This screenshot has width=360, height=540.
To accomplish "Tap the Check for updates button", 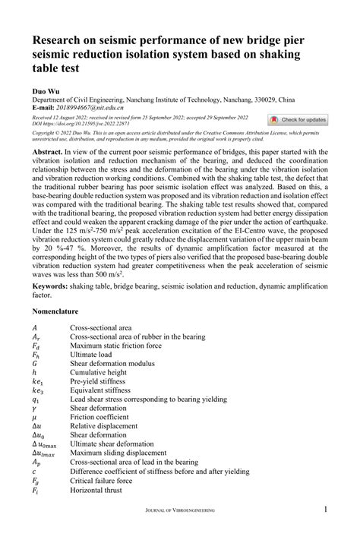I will click(298, 120).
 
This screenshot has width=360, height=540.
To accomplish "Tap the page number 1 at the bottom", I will click(326, 510).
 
